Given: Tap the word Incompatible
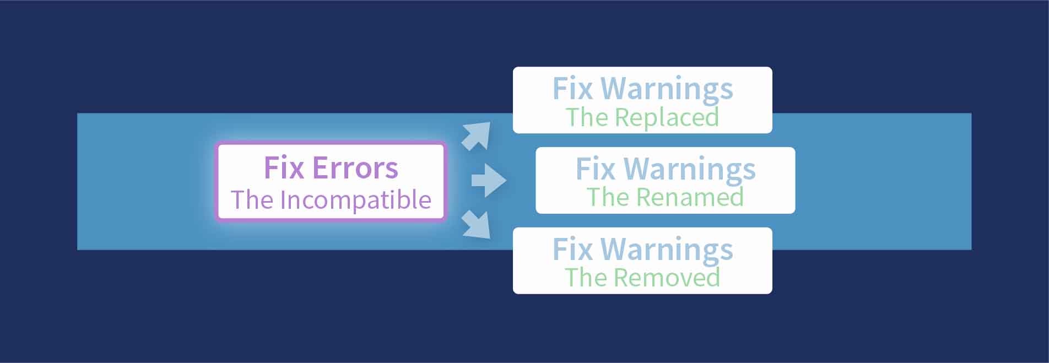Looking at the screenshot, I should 355,200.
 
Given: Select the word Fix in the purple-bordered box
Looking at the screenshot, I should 284,168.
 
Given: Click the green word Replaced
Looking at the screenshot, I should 667,117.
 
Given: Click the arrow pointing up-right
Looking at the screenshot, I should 476,135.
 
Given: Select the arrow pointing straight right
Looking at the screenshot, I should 488,180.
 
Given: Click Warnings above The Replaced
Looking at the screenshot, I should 667,89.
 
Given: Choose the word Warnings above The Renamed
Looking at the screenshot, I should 689,169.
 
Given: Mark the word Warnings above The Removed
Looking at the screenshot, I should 667,250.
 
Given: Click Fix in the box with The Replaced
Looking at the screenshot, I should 572,89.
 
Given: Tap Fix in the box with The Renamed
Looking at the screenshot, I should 596,169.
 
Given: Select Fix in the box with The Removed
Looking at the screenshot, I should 572,249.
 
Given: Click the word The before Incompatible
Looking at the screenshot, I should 252,200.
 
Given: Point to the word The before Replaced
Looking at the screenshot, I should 587,117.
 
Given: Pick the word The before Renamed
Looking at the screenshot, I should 608,197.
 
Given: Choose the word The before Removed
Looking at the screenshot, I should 586,278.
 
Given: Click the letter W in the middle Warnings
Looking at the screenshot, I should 639,169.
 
